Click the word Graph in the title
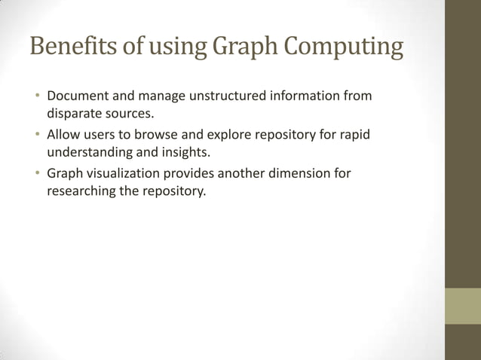(238, 47)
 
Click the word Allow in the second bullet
(64, 135)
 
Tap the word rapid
(355, 135)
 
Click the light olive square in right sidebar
(463, 306)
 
